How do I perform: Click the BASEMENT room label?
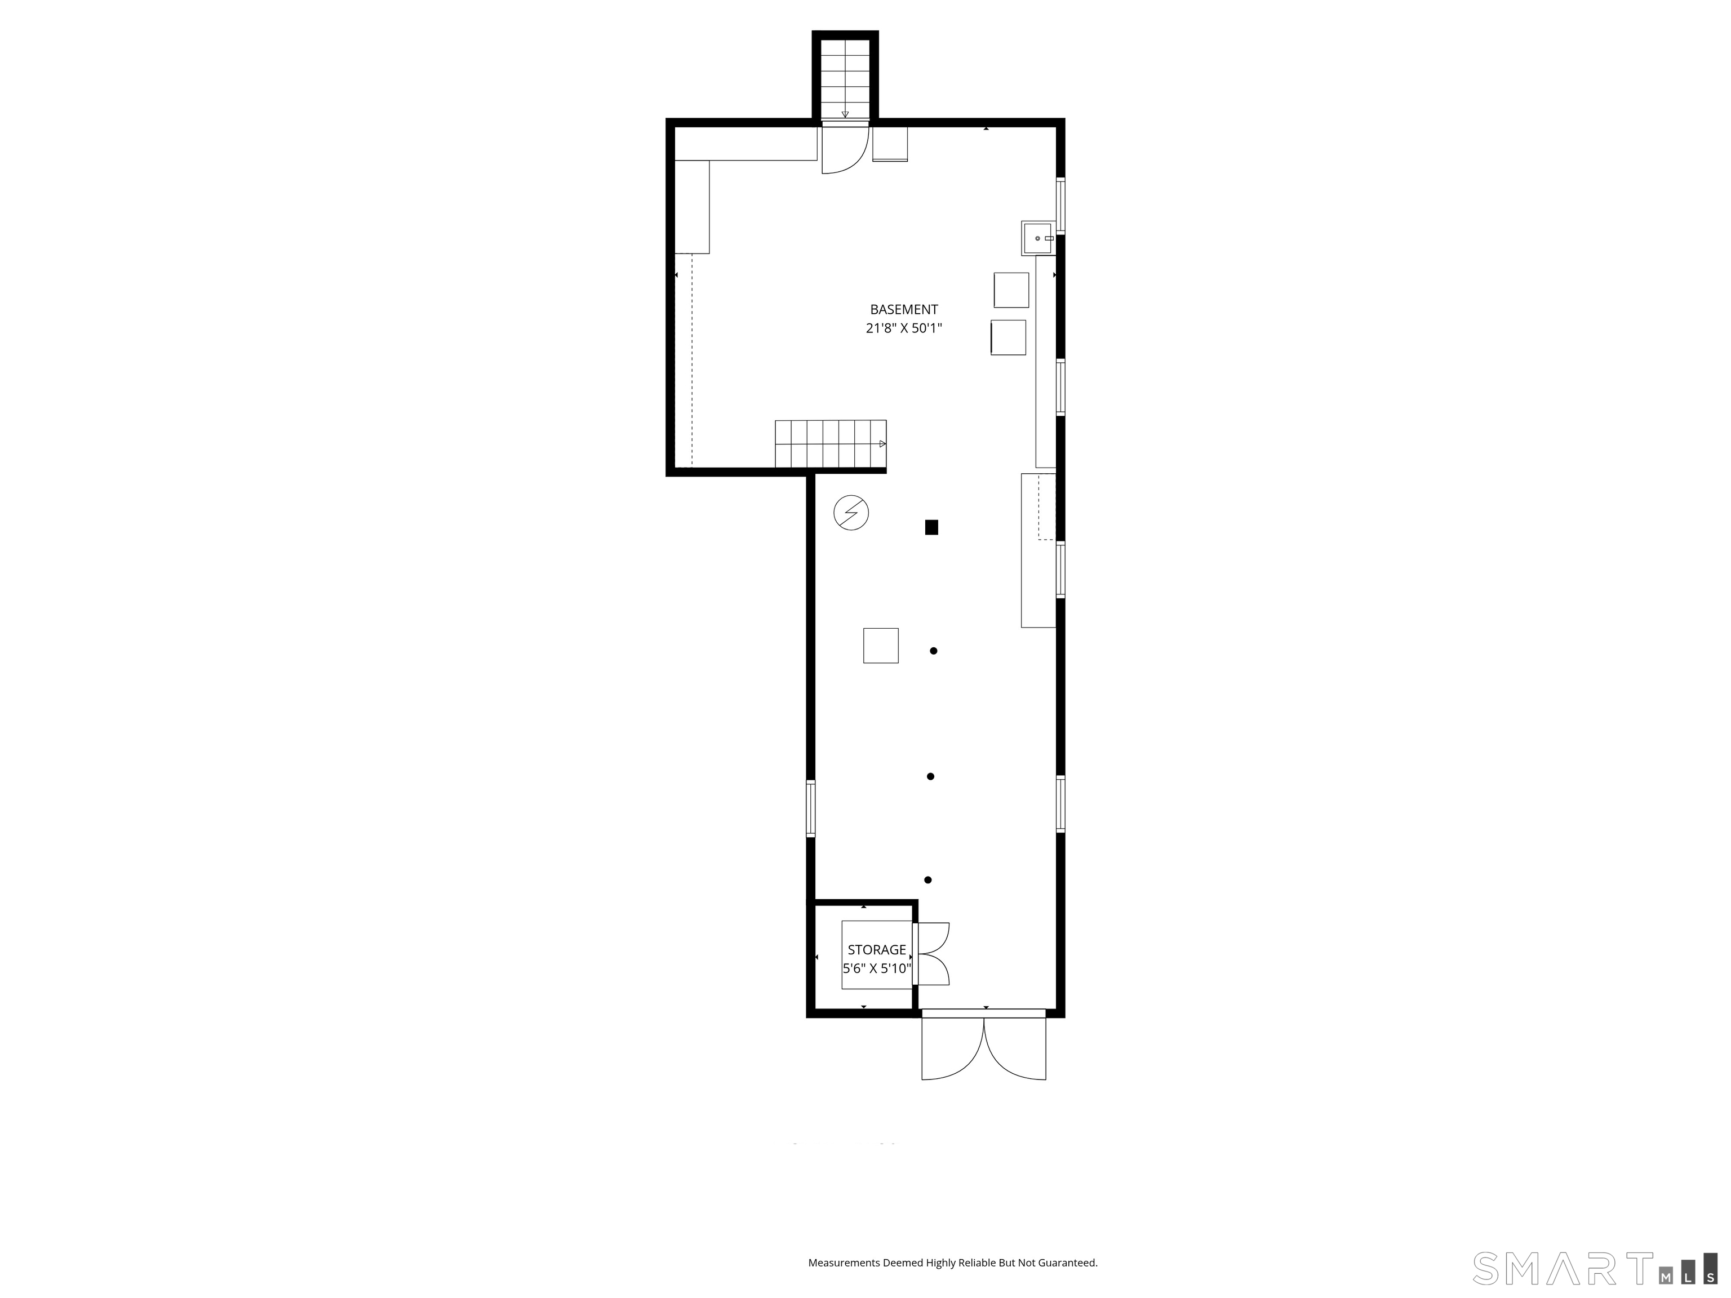(x=903, y=310)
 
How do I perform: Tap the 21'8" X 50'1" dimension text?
(x=903, y=328)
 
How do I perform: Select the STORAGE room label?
(x=876, y=950)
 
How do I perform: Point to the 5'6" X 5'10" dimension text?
(x=876, y=968)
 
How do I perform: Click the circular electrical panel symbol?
(x=851, y=513)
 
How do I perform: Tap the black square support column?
(x=931, y=527)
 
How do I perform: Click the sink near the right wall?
(x=1038, y=238)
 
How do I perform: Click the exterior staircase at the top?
(x=845, y=78)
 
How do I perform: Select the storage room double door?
(x=931, y=954)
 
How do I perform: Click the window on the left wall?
(x=811, y=808)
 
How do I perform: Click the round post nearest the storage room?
(x=928, y=880)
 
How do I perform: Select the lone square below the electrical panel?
(x=880, y=646)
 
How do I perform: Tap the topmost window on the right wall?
(x=1060, y=206)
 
